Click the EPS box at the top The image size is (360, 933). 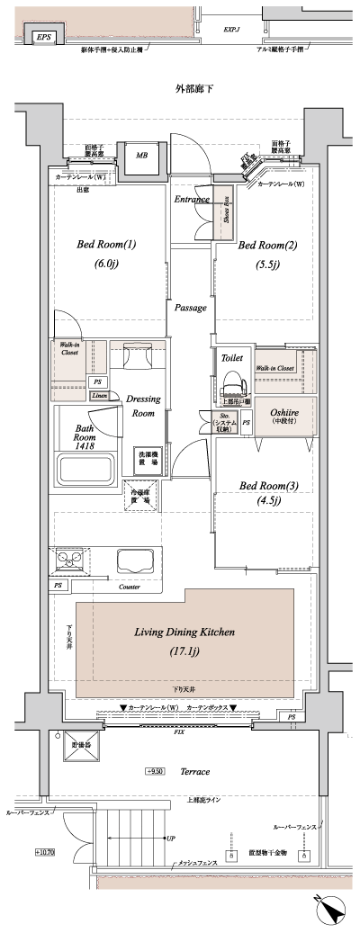(x=42, y=38)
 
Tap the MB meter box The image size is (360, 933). (x=141, y=156)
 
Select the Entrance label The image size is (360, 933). (x=192, y=199)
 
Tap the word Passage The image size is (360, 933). (x=190, y=308)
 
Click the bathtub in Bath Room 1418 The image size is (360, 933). (x=85, y=469)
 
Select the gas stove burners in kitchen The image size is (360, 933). (x=68, y=560)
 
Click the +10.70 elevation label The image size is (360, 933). (x=45, y=851)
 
